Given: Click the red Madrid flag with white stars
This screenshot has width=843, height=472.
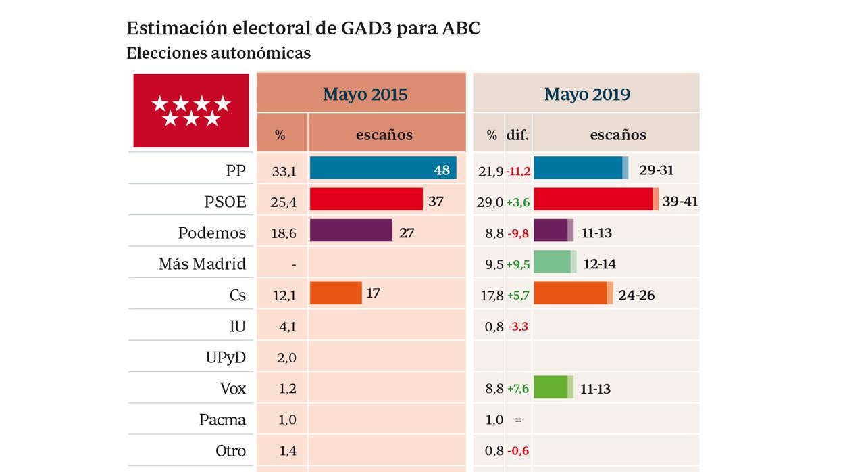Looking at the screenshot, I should click(191, 111).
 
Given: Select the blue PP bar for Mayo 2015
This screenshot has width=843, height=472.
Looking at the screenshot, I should click(372, 168).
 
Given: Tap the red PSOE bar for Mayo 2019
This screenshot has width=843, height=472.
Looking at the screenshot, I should click(594, 199).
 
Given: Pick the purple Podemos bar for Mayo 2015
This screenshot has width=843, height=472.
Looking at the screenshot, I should click(351, 231).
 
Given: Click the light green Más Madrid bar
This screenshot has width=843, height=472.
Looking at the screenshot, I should click(554, 262).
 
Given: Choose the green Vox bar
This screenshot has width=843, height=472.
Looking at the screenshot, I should click(553, 387).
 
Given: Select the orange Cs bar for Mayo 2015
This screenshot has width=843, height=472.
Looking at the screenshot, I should click(336, 293).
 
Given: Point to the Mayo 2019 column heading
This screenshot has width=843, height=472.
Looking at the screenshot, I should click(587, 94).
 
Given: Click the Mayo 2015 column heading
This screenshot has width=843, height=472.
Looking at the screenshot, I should click(365, 94).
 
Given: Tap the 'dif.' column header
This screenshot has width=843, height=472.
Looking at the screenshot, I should click(517, 135).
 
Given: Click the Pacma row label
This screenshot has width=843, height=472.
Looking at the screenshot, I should click(222, 419).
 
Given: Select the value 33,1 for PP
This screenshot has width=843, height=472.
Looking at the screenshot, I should click(284, 172).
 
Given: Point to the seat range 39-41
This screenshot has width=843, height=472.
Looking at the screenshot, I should click(680, 202).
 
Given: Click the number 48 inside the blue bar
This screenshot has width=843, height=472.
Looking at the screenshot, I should click(442, 170).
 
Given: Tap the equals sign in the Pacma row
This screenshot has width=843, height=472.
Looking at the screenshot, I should click(518, 420).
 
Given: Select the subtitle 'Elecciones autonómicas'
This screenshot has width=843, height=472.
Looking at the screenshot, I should click(218, 53).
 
